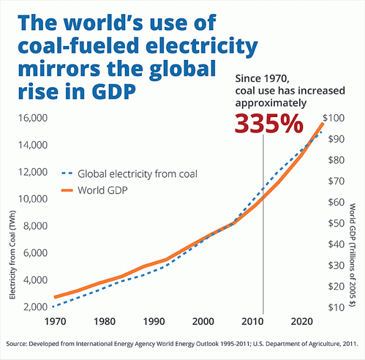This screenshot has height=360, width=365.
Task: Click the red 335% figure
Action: point(270,123)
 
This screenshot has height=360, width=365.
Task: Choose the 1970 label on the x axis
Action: point(54,322)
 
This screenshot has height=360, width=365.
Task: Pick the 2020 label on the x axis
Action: point(301,322)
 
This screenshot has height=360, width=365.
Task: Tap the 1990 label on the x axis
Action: point(153,322)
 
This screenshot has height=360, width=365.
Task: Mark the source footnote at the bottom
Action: point(182,344)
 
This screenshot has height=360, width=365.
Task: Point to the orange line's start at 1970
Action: point(55,297)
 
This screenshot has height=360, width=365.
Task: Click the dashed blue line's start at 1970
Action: point(54,306)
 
